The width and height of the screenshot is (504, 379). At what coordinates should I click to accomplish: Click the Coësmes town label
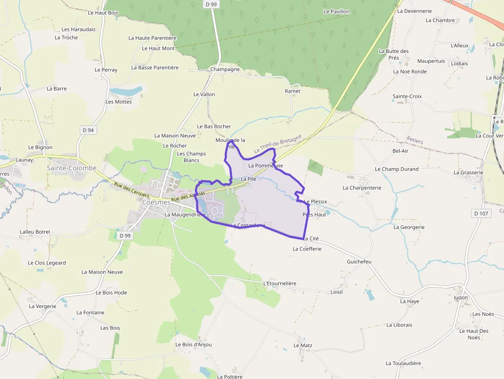pyautogui.click(x=156, y=202)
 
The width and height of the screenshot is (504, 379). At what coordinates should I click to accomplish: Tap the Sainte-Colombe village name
pyautogui.click(x=71, y=168)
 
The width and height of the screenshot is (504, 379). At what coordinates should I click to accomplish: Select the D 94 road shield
pyautogui.click(x=88, y=130)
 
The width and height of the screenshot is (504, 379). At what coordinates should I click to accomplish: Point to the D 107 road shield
pyautogui.click(x=480, y=213)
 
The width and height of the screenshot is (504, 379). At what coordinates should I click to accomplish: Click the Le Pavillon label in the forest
pyautogui.click(x=336, y=11)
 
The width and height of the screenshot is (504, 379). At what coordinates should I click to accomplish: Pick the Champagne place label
pyautogui.click(x=225, y=69)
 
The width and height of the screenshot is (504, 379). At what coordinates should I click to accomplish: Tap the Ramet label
pyautogui.click(x=292, y=91)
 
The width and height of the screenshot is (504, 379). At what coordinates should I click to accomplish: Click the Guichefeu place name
pyautogui.click(x=359, y=262)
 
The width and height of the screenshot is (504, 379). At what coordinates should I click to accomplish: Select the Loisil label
pyautogui.click(x=336, y=292)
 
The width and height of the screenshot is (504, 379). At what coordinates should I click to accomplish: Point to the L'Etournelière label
pyautogui.click(x=280, y=283)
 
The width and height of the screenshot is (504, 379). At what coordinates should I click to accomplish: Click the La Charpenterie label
pyautogui.click(x=362, y=188)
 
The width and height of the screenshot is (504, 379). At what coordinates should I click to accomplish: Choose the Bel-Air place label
pyautogui.click(x=400, y=151)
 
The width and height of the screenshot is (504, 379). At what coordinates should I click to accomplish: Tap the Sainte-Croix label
pyautogui.click(x=407, y=96)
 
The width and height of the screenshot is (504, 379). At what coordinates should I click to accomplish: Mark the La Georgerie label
pyautogui.click(x=409, y=227)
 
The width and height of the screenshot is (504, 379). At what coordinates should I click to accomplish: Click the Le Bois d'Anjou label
pyautogui.click(x=193, y=345)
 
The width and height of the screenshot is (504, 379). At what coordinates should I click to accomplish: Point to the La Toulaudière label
pyautogui.click(x=403, y=363)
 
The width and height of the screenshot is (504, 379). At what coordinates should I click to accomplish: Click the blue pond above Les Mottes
pyautogui.click(x=126, y=91)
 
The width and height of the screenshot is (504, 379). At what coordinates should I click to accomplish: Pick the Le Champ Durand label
pyautogui.click(x=397, y=169)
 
